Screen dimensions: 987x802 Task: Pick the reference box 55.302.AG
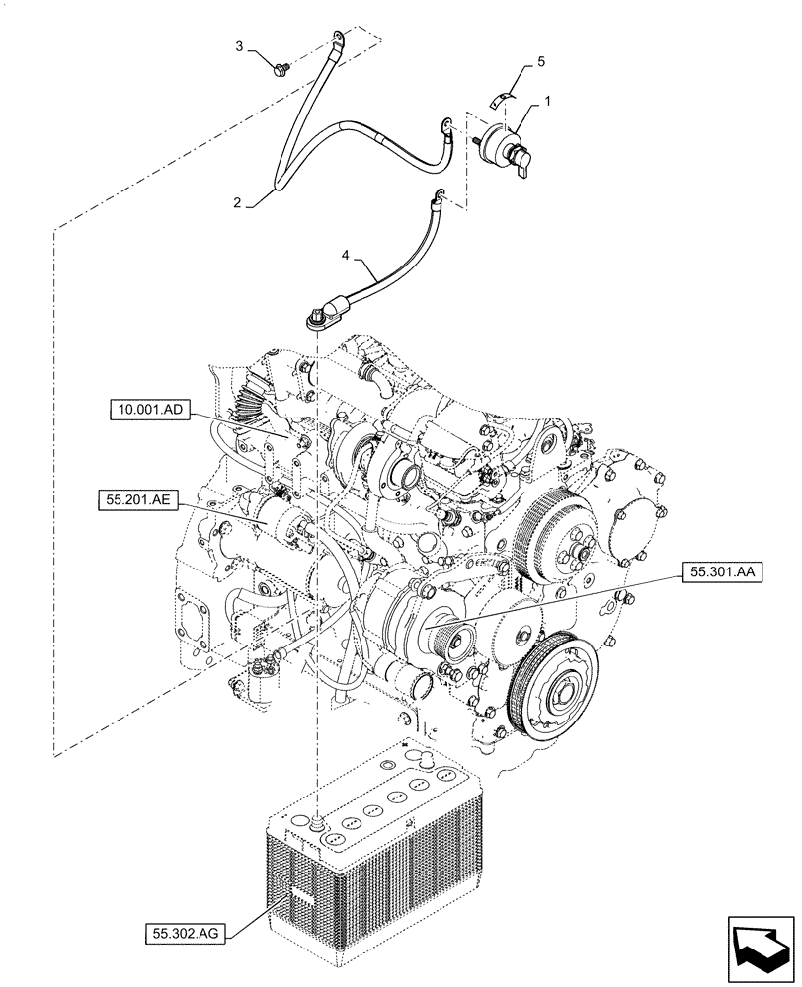[x=183, y=931]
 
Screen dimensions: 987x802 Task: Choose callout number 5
[x=539, y=61]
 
